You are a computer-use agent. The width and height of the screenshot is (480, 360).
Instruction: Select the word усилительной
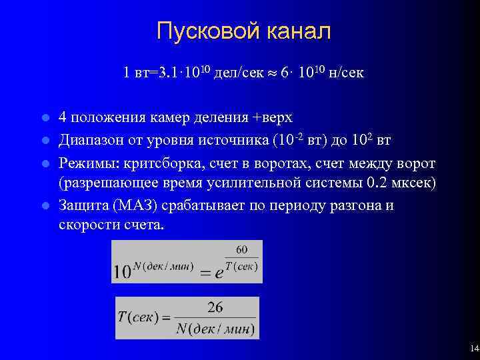pyautogui.click(x=265, y=184)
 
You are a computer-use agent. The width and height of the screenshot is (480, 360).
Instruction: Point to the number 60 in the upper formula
pyautogui.click(x=241, y=249)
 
